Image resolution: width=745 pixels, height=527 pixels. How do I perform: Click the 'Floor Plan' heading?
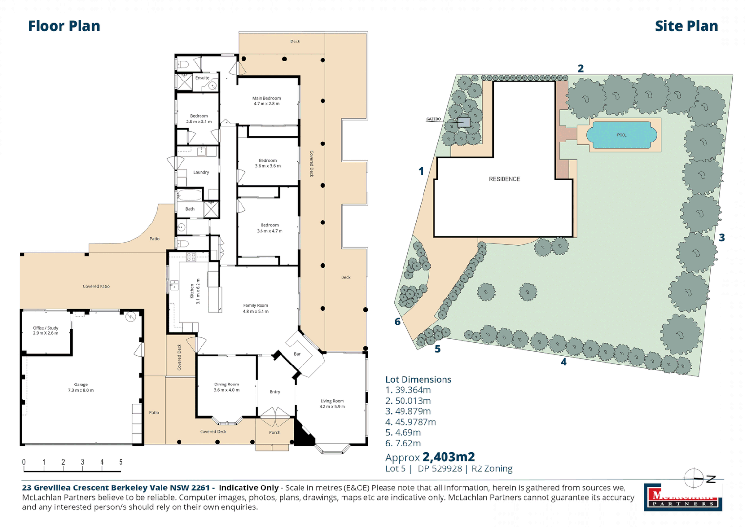click(64, 26)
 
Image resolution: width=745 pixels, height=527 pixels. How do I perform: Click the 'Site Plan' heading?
click(686, 26)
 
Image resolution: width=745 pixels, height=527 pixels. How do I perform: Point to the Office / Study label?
click(45, 330)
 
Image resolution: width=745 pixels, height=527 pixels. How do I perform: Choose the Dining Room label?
click(226, 387)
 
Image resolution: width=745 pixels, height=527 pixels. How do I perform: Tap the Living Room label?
click(332, 404)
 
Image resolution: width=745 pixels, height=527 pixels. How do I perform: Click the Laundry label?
click(201, 172)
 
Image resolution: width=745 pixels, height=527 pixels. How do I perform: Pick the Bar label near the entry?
click(297, 354)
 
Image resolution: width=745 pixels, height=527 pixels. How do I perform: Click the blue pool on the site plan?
click(622, 135)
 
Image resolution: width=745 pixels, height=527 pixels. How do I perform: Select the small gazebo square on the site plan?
click(463, 122)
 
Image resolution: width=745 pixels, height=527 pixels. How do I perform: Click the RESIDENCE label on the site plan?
click(504, 179)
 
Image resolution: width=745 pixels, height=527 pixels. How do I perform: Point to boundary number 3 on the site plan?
click(722, 238)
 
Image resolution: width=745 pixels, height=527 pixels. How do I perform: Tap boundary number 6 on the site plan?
click(397, 322)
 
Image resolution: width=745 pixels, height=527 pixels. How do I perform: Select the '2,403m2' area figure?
click(448, 457)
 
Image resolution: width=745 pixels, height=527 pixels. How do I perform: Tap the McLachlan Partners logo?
click(683, 497)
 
